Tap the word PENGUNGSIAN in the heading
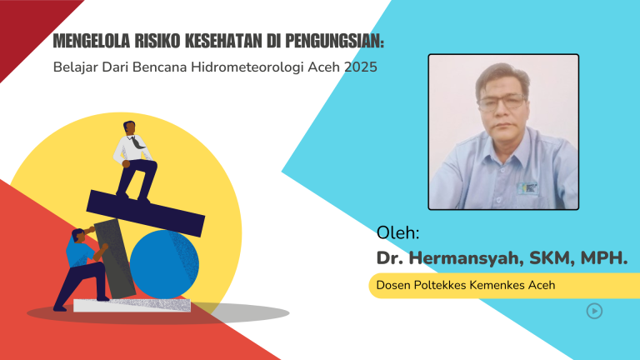click(x=336, y=41)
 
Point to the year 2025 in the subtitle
click(x=361, y=67)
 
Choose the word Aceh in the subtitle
click(x=325, y=67)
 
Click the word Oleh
click(x=398, y=232)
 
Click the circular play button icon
click(x=594, y=311)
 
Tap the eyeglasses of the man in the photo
click(x=502, y=102)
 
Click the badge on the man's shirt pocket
click(x=527, y=187)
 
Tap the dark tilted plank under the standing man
click(x=146, y=208)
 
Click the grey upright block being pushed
click(x=114, y=257)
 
